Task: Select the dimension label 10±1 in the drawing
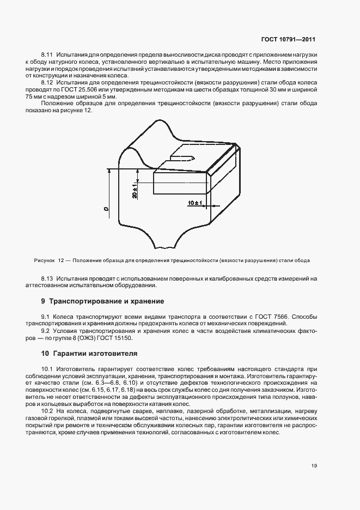tap(194, 203)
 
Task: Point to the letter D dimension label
tap(106, 208)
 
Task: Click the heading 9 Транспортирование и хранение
tap(102, 301)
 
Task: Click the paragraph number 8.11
tap(47, 56)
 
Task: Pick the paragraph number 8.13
tap(47, 278)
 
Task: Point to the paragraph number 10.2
tap(47, 411)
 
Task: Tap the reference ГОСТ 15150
tap(124, 336)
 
